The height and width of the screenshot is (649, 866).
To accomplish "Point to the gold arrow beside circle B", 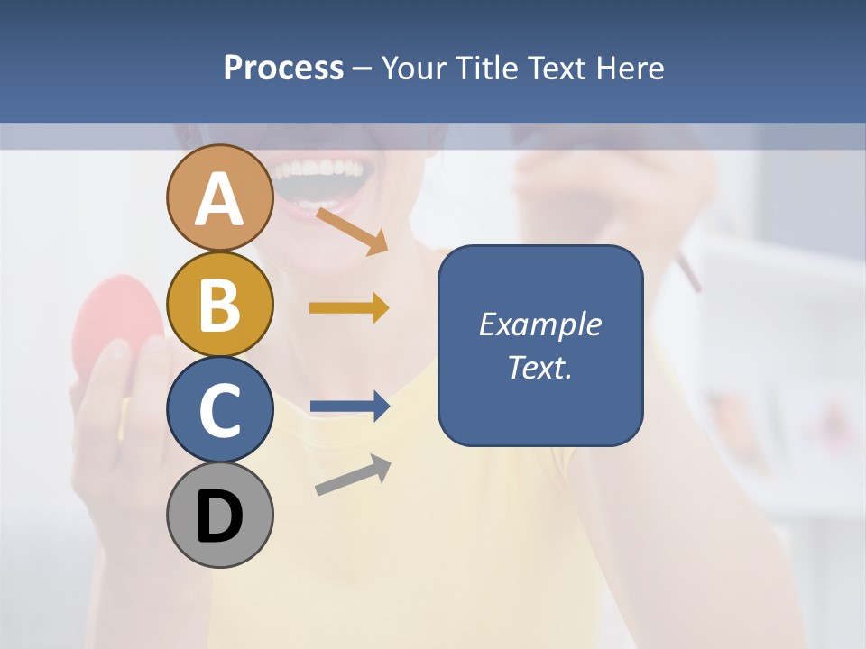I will [x=349, y=308].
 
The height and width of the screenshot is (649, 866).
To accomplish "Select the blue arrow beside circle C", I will [x=349, y=407].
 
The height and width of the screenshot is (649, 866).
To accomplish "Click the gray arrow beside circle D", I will [x=353, y=475].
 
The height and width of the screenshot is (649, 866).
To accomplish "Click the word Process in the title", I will [x=283, y=69].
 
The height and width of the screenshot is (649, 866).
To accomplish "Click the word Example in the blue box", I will [x=539, y=324].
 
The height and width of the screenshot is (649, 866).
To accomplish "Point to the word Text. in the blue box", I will [x=539, y=368].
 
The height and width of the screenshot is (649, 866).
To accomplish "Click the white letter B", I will [x=219, y=305].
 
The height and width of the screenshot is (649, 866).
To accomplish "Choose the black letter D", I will [x=219, y=516].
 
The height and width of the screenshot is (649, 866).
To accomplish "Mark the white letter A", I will [x=219, y=199].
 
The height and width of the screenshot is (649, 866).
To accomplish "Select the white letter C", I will [x=219, y=411].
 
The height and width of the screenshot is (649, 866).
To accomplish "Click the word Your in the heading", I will [x=414, y=69].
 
